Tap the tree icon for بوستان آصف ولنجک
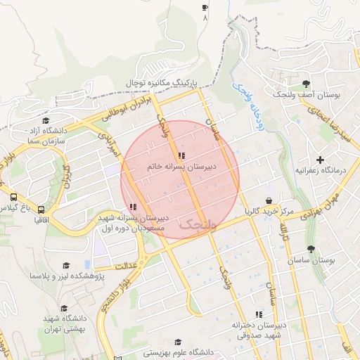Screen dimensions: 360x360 click(x=305, y=84)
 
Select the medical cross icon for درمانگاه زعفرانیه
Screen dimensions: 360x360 click(x=321, y=160)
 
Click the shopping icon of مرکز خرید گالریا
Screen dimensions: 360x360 click(x=269, y=201)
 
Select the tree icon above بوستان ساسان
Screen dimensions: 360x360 click(x=311, y=249)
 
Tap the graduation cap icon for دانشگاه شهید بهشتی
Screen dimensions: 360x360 click(x=65, y=308)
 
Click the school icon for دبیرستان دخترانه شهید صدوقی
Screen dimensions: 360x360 click(x=259, y=314)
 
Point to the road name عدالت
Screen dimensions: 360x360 click(x=125, y=264)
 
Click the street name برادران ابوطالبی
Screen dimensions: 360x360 click(x=120, y=109)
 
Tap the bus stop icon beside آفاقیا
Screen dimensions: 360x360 click(x=41, y=209)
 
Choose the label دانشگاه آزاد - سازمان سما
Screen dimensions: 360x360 click(x=45, y=136)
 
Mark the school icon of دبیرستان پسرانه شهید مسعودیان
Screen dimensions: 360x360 click(x=133, y=207)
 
